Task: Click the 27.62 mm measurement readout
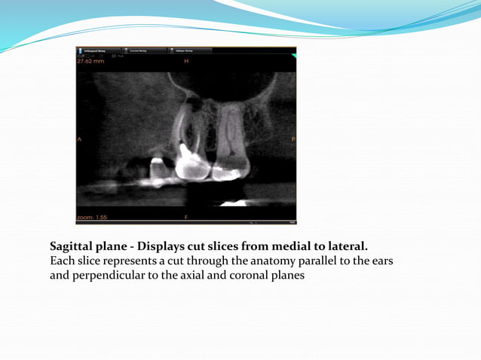[90, 61]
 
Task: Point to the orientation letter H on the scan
[186, 60]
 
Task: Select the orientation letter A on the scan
[79, 139]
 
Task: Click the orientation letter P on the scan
[293, 139]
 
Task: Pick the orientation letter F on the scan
[186, 218]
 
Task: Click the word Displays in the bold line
[161, 246]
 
